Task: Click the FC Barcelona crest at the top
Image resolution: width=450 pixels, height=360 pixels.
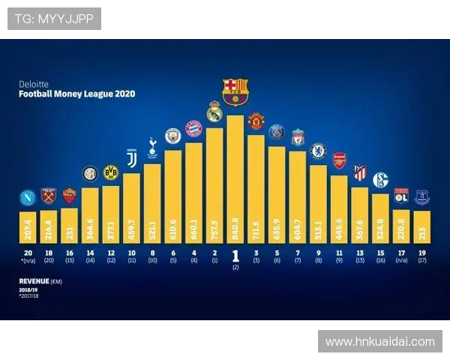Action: click(235, 90)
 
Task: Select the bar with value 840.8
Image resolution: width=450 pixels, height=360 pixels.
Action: click(235, 180)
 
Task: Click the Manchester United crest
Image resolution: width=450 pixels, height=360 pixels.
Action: click(256, 121)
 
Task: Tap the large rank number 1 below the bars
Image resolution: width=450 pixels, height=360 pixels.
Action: click(235, 255)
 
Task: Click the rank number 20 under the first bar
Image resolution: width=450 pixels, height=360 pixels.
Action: click(28, 253)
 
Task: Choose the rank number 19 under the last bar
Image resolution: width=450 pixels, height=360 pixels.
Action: click(421, 253)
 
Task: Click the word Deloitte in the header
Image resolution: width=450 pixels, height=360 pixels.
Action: click(33, 84)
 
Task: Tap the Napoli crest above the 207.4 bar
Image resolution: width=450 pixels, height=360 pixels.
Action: click(28, 199)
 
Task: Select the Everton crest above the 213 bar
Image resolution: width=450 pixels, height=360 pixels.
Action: click(421, 197)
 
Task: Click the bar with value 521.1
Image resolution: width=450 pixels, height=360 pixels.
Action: click(152, 204)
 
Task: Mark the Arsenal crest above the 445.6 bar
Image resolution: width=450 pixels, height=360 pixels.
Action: click(339, 161)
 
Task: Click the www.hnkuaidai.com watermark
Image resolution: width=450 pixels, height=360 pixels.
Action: click(380, 342)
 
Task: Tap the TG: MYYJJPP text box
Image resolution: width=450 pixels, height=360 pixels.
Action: click(54, 18)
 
